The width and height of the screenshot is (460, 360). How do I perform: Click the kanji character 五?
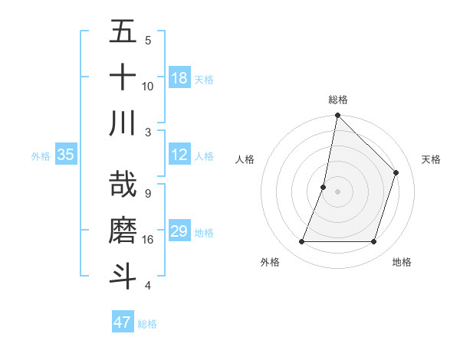point(123,33)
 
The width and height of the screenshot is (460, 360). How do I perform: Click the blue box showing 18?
point(179,78)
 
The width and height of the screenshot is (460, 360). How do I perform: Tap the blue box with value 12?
point(179,155)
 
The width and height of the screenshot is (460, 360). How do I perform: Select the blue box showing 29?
point(179,231)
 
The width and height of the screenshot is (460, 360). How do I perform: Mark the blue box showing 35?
point(66,155)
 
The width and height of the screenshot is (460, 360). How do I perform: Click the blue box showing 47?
point(123,322)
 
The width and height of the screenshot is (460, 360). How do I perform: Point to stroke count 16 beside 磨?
point(148,240)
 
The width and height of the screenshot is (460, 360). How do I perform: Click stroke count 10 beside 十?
point(148,86)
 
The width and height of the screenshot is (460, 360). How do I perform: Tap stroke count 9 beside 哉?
point(147,194)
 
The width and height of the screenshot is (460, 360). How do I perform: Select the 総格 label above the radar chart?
point(337,100)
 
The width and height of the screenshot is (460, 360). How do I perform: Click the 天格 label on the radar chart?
point(431,159)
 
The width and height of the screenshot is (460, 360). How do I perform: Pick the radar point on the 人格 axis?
point(324,187)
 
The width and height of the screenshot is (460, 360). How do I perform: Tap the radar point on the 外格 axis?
point(301,242)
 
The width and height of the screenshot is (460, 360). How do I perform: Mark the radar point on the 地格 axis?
point(374,242)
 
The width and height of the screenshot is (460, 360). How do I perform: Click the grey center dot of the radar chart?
point(337,191)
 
